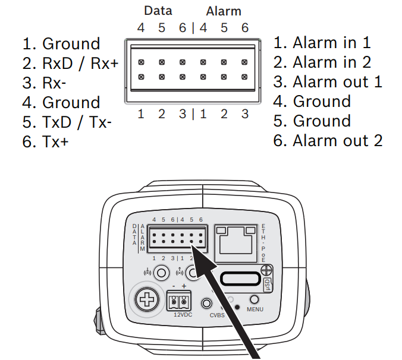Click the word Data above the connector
tap(158, 11)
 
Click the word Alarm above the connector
tap(224, 11)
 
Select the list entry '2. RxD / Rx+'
tap(71, 64)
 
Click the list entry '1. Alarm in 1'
tap(322, 42)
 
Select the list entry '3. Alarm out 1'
tap(328, 81)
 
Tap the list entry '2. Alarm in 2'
tap(322, 62)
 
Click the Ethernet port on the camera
tap(236, 240)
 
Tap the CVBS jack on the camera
tap(208, 303)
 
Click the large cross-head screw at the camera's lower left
tap(145, 299)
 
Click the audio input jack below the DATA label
tap(161, 273)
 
